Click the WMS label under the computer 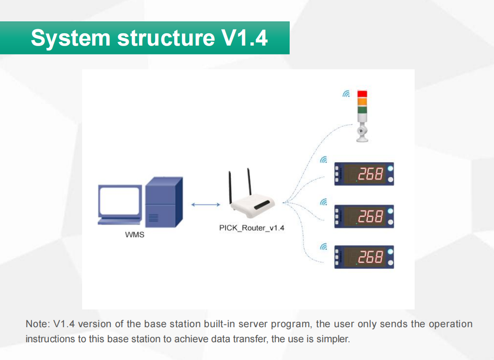click(x=135, y=235)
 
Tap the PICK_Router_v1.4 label click(x=252, y=228)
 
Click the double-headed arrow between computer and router click(x=206, y=205)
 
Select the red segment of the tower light click(x=362, y=94)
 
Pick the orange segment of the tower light click(x=362, y=102)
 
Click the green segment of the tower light click(x=362, y=109)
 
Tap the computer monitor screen click(x=120, y=201)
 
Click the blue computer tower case click(x=164, y=202)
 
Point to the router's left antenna click(x=230, y=188)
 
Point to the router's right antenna click(x=249, y=182)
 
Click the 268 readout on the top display click(x=370, y=174)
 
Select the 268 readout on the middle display click(x=370, y=216)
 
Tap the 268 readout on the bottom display click(x=370, y=257)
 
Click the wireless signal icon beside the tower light click(x=346, y=94)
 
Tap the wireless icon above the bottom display click(x=323, y=247)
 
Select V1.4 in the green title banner click(x=245, y=38)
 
